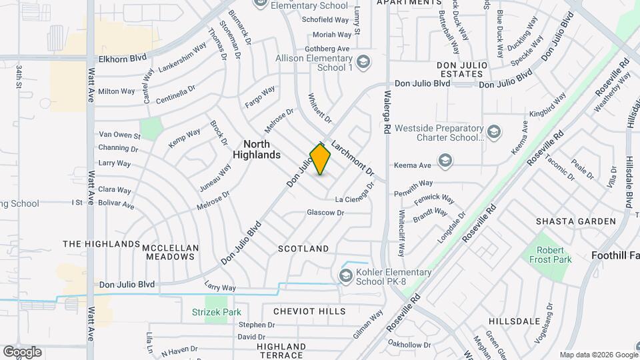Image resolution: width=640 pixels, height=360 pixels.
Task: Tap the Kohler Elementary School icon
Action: (x=346, y=275)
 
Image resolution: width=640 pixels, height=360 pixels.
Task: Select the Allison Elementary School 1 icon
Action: (x=363, y=63)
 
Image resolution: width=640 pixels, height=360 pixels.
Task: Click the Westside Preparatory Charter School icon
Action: (x=494, y=129)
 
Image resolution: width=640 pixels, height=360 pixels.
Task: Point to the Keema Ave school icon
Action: (x=445, y=160)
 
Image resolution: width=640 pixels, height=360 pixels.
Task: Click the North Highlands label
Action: (x=257, y=149)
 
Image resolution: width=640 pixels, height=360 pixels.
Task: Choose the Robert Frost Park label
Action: (x=551, y=255)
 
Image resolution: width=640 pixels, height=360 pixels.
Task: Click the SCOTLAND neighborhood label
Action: (x=303, y=249)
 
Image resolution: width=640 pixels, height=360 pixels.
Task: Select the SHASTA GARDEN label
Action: (x=576, y=221)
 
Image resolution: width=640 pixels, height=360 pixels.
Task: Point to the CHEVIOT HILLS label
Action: (x=309, y=311)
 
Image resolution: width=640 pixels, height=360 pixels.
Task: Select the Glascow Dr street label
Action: (x=325, y=213)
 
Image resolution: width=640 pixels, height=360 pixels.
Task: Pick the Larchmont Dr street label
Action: (x=353, y=158)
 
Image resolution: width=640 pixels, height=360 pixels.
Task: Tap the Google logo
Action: (x=22, y=352)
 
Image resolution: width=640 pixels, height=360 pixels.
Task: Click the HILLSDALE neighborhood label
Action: (x=514, y=321)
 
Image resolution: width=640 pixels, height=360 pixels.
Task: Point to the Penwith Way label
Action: (x=414, y=183)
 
